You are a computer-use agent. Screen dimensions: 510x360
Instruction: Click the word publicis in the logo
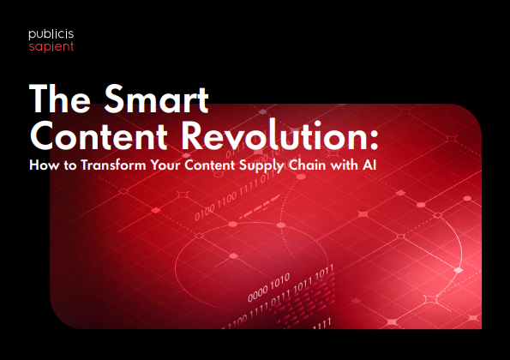(51, 34)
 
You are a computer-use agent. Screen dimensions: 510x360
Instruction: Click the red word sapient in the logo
(51, 47)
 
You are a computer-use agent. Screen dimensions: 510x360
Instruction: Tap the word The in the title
(60, 99)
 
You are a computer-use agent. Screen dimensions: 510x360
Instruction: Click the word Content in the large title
(99, 135)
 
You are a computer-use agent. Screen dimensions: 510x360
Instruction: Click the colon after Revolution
(374, 140)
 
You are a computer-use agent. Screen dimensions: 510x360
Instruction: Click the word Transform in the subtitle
(113, 165)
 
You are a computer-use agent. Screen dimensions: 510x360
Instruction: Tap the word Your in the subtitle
(165, 165)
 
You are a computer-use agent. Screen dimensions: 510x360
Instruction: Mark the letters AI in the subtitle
(369, 165)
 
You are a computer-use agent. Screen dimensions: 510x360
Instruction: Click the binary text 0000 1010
(268, 287)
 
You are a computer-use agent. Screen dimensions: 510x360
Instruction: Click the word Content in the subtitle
(210, 165)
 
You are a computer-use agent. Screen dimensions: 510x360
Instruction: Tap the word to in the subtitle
(70, 165)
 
